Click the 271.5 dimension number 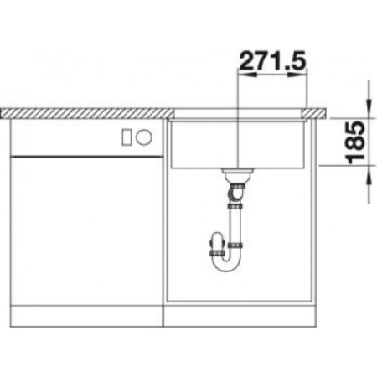pyautogui.click(x=271, y=60)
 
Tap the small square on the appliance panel pyautogui.click(x=127, y=137)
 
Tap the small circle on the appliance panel pyautogui.click(x=143, y=137)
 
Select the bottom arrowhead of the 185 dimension pyautogui.click(x=369, y=171)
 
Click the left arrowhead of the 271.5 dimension pyautogui.click(x=244, y=75)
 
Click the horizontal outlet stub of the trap pyautogui.click(x=210, y=245)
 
